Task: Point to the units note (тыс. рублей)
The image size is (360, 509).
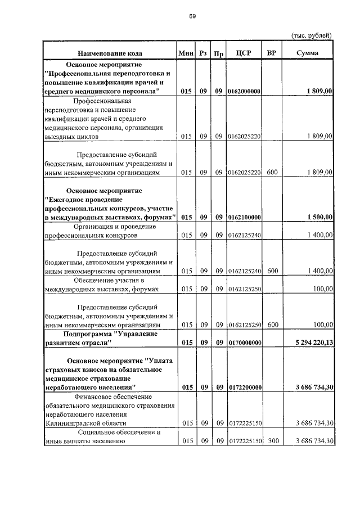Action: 311,35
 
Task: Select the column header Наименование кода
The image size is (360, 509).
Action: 110,53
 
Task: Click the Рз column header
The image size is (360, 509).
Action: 203,53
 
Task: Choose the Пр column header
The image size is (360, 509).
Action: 219,53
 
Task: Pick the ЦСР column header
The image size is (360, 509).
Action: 244,53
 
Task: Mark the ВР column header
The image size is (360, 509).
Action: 272,53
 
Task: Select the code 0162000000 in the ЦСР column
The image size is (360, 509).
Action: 244,91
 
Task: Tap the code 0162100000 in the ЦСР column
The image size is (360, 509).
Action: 244,217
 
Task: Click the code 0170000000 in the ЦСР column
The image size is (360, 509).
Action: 244,342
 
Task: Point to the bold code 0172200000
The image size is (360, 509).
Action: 244,387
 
